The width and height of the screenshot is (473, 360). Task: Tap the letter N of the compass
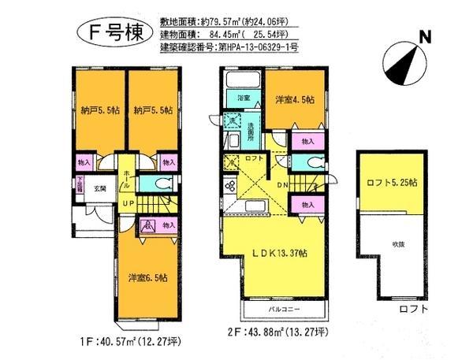click(x=424, y=36)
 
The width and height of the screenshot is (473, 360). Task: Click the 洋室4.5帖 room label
click(x=294, y=100)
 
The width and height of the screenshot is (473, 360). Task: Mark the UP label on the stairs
click(x=126, y=202)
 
